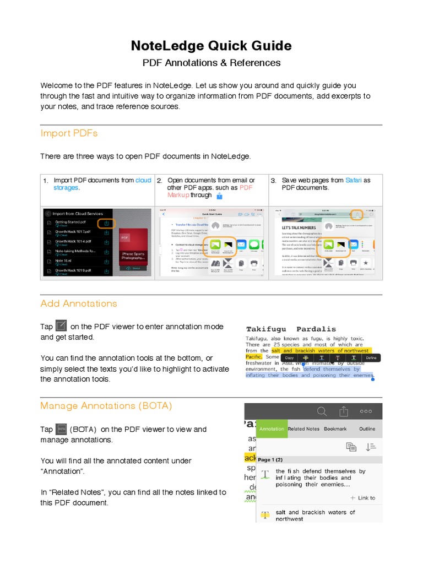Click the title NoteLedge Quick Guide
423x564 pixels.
[x=211, y=45]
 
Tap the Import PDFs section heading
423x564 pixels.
[x=69, y=133]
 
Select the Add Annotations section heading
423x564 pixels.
[x=79, y=303]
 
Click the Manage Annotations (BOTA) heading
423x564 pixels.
[x=106, y=406]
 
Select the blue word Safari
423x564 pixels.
[x=354, y=180]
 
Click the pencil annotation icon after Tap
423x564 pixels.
[x=62, y=326]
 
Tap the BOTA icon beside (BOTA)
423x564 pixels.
[x=62, y=429]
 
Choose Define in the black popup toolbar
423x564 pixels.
[x=371, y=358]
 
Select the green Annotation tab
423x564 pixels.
[x=272, y=429]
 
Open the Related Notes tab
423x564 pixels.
[x=303, y=429]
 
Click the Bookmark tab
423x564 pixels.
[x=335, y=429]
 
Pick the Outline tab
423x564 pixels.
[x=367, y=429]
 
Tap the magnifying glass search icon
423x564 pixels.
[x=322, y=411]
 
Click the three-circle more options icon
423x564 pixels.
[x=366, y=411]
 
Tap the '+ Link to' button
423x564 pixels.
[x=363, y=498]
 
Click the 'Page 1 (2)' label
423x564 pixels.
[x=270, y=459]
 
